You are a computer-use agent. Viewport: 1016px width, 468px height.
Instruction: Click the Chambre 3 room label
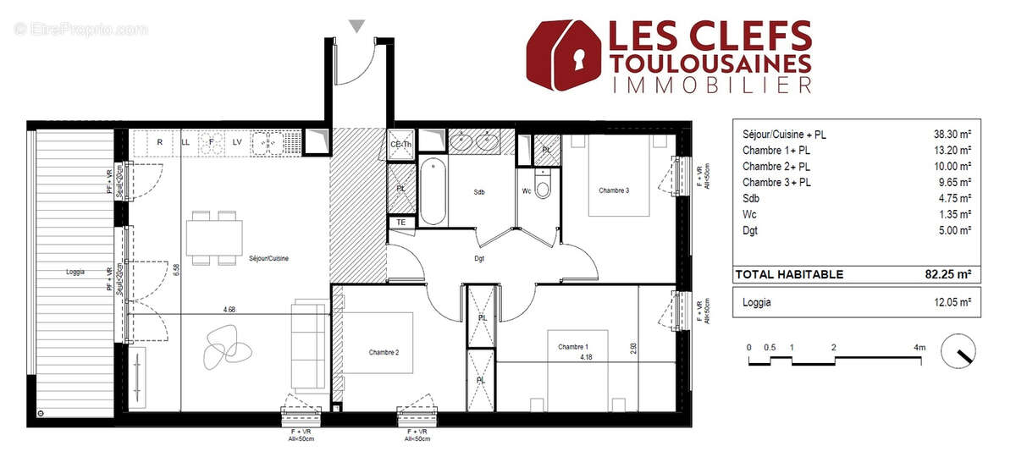click(x=614, y=190)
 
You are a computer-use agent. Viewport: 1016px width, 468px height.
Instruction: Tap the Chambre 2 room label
click(x=384, y=352)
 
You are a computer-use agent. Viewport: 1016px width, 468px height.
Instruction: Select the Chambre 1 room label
click(x=573, y=346)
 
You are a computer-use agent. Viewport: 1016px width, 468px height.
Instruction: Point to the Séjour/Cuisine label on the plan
click(x=268, y=258)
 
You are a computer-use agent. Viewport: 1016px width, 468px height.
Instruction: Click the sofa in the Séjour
click(x=308, y=344)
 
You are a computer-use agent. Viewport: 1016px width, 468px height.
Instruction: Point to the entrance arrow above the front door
click(x=357, y=26)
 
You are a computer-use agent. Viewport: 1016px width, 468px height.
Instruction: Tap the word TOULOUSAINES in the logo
click(x=710, y=63)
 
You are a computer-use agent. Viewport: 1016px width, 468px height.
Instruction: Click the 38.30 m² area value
click(x=951, y=134)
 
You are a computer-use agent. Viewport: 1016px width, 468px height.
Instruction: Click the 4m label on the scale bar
click(x=919, y=347)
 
